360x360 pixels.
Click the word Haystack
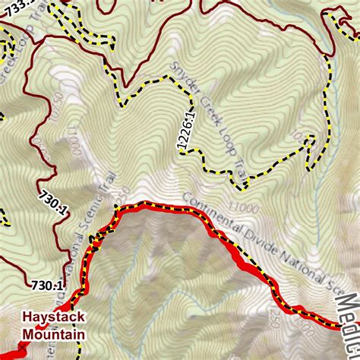pyautogui.click(x=53, y=317)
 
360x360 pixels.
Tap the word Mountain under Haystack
pyautogui.click(x=53, y=333)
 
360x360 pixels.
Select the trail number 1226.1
pyautogui.click(x=182, y=132)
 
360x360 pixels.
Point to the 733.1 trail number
pyautogui.click(x=17, y=4)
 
